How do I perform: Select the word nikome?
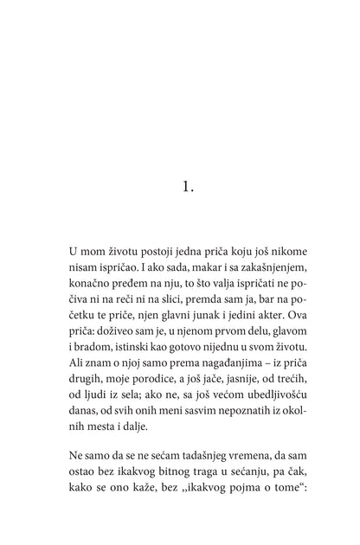point(270,252)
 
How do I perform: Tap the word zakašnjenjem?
point(257,271)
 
